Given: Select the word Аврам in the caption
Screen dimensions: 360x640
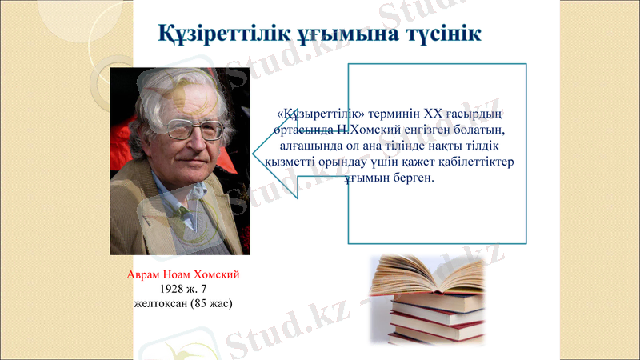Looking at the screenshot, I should [143, 275].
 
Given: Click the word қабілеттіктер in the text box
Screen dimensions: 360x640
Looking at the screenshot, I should [478, 162].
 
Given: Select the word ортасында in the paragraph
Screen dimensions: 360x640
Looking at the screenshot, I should [299, 130].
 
